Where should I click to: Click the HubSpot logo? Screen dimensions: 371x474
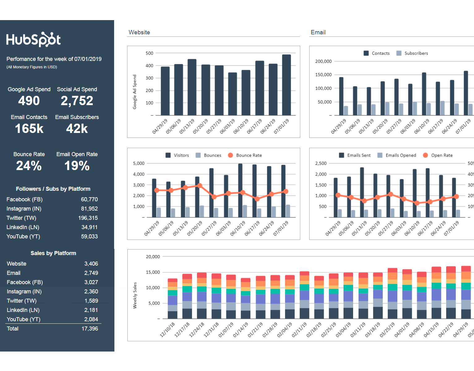33,40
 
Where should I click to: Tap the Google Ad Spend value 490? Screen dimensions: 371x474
29,101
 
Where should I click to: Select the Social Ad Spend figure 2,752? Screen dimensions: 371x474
77,101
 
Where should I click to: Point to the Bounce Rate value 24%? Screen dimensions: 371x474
29,166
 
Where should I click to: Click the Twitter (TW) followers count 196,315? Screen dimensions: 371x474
88,218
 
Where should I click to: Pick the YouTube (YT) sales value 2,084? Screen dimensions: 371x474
91,319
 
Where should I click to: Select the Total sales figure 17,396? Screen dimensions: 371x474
90,329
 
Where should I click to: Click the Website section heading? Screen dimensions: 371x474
139,32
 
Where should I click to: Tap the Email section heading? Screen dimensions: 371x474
318,32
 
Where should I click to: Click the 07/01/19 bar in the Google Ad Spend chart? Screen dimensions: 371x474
286,85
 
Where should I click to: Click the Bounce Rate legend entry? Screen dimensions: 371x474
245,155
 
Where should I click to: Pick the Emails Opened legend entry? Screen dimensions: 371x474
397,155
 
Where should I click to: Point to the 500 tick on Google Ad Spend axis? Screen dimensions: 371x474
149,53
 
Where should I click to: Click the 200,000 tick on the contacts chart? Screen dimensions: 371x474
323,61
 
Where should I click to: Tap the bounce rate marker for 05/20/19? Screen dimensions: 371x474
200,185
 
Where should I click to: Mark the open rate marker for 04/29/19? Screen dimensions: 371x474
338,195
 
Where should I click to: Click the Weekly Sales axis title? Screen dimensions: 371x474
135,295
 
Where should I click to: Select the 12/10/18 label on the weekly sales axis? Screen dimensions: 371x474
168,330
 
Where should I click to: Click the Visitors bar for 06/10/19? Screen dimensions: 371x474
240,190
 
